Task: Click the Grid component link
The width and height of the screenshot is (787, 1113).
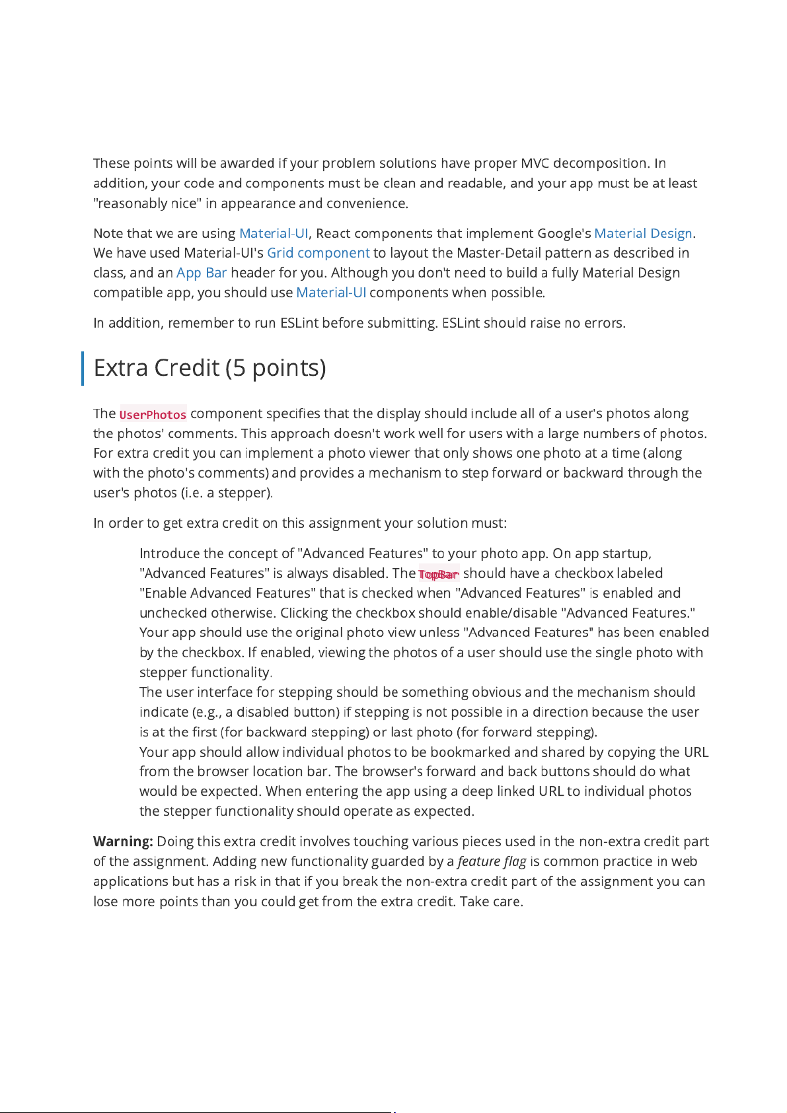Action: [318, 253]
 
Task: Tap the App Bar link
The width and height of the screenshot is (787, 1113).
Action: [202, 273]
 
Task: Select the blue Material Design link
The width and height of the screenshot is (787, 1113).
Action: [643, 233]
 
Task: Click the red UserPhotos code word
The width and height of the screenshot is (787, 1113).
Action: [153, 414]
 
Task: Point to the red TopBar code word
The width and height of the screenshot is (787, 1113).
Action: [438, 574]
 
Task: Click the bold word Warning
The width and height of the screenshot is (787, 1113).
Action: [123, 842]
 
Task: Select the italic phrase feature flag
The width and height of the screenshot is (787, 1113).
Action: [492, 861]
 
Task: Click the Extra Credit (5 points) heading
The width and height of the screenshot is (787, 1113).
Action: [209, 368]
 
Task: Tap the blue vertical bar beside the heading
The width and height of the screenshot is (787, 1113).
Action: [83, 369]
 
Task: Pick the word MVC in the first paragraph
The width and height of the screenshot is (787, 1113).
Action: [535, 163]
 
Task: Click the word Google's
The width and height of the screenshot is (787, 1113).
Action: [564, 233]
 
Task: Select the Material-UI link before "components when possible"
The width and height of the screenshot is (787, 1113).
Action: [330, 293]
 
